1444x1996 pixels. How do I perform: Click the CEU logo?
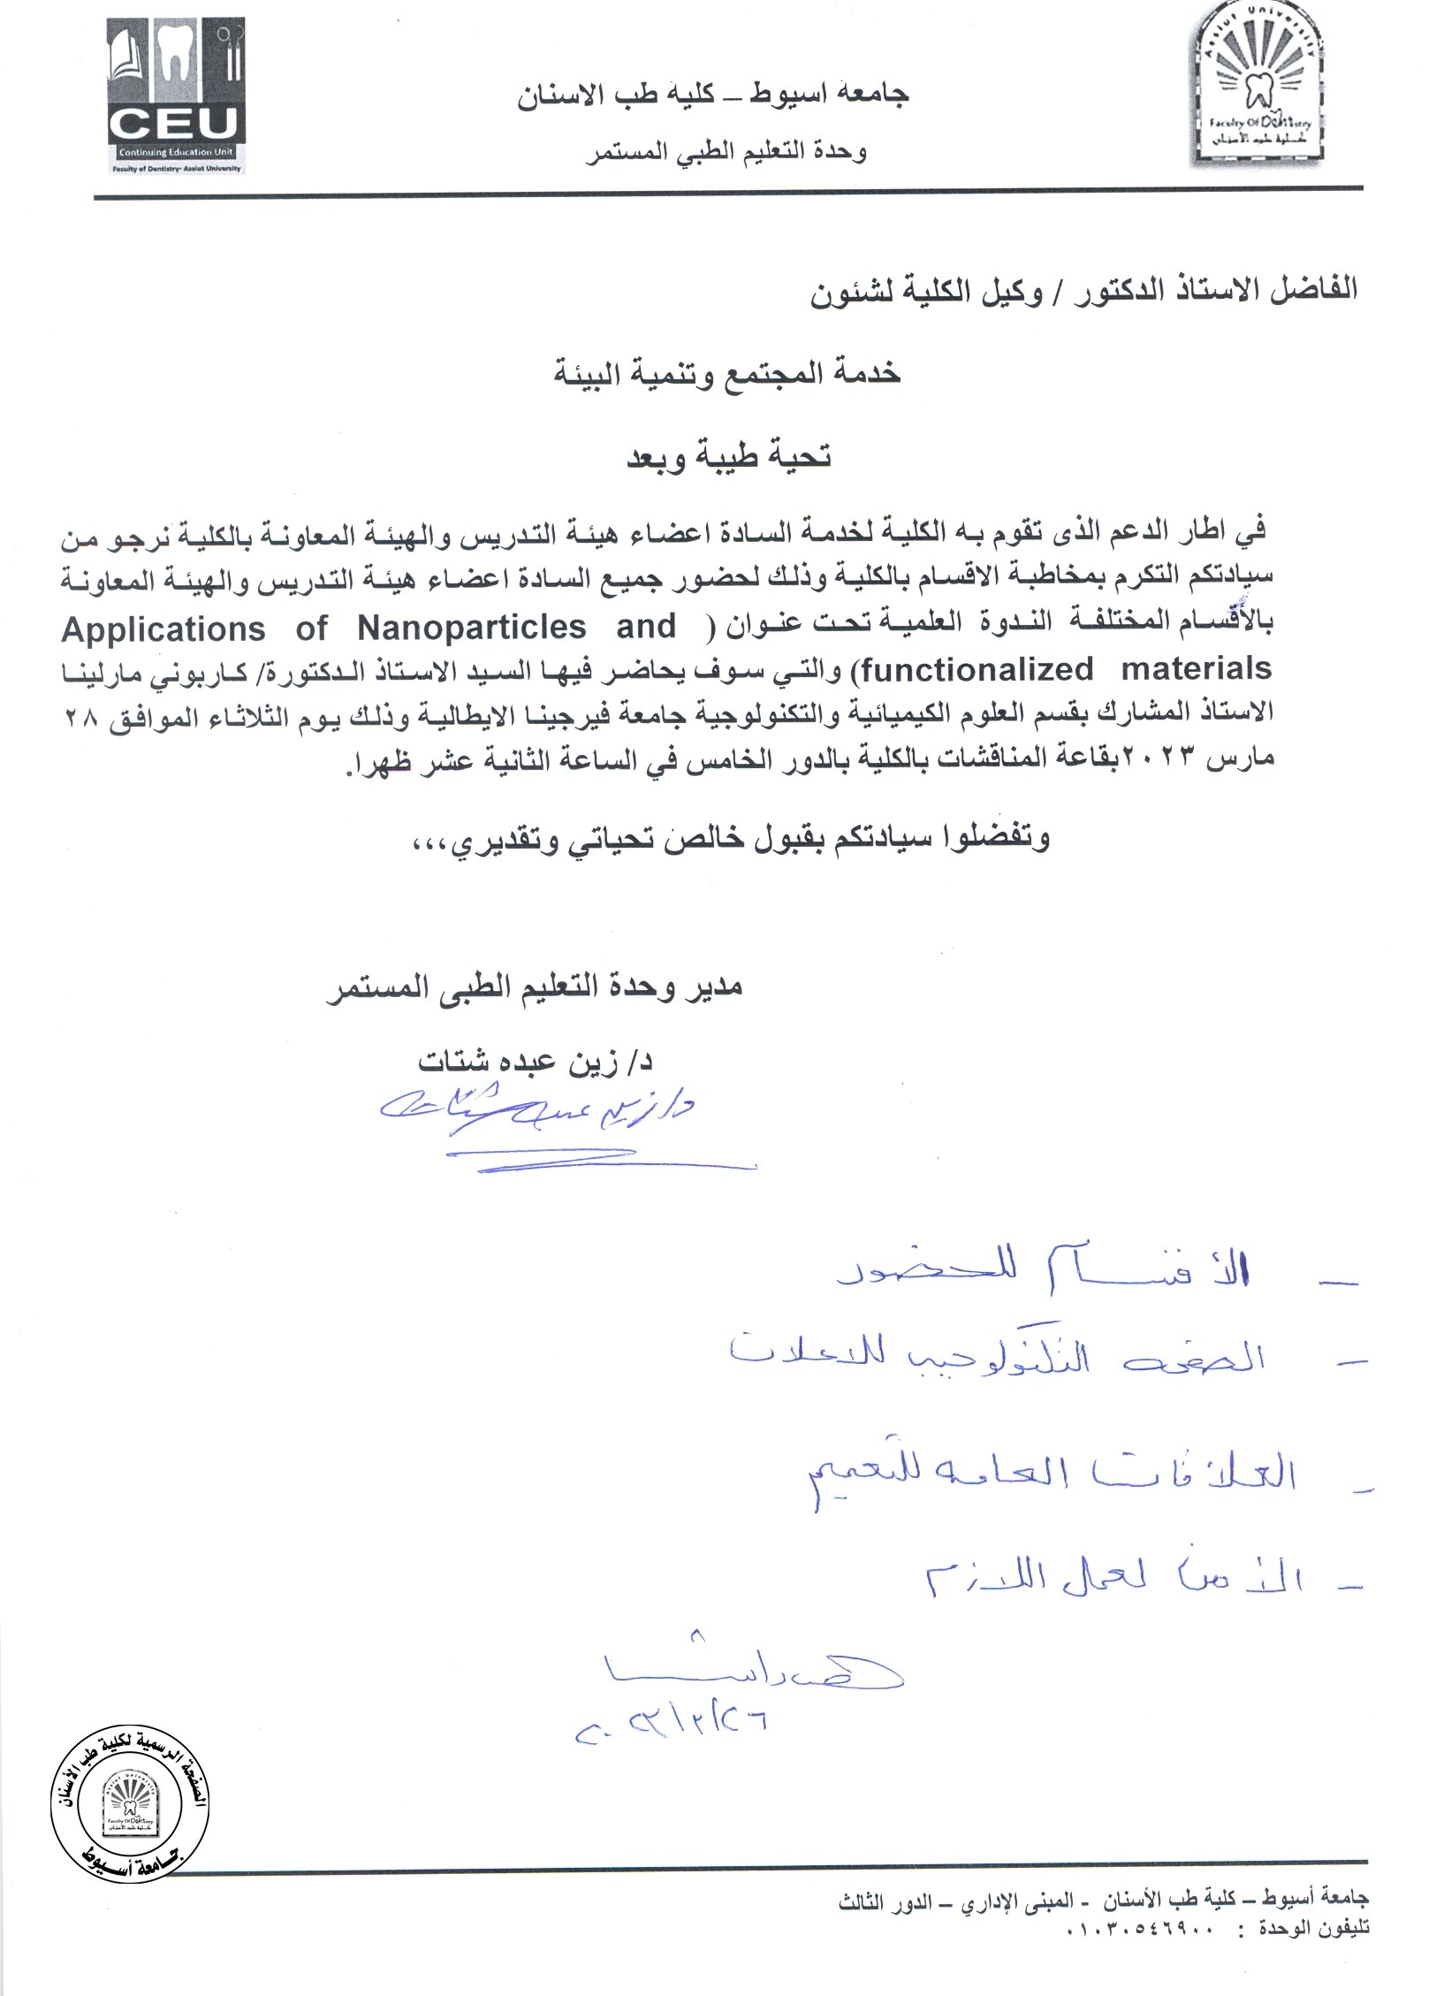(x=176, y=97)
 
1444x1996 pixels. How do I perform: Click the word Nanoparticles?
(x=472, y=627)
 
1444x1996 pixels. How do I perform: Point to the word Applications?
(x=164, y=629)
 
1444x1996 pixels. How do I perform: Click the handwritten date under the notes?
(x=671, y=1720)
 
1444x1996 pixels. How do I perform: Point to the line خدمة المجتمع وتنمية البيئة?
(x=726, y=373)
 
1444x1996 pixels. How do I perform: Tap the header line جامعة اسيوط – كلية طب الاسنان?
(x=713, y=95)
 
